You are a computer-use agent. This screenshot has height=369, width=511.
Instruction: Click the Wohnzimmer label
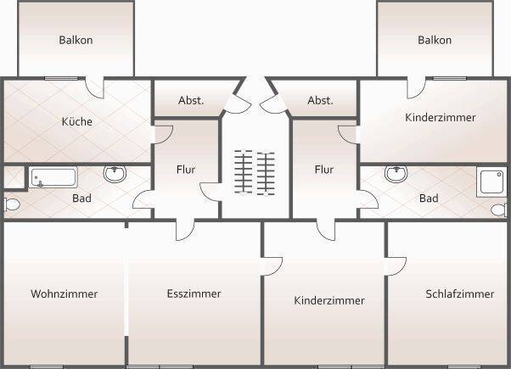click(x=65, y=294)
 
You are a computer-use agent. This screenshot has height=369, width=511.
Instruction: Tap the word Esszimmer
click(x=194, y=294)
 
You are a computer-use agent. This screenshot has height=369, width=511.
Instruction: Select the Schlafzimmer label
click(x=459, y=294)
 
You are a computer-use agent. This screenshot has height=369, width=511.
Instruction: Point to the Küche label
click(x=76, y=121)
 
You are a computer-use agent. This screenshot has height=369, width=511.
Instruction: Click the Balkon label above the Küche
click(x=76, y=40)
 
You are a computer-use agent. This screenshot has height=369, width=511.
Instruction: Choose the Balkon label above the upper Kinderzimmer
click(x=435, y=40)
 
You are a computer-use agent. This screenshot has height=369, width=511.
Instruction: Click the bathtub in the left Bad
click(x=53, y=177)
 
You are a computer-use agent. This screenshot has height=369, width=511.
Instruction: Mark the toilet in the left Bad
click(x=11, y=204)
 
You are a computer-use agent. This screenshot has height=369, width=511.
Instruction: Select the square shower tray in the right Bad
click(x=491, y=181)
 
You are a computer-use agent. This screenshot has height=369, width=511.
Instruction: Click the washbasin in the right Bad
click(x=396, y=174)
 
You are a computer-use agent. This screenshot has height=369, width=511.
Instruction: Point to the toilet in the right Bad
click(x=500, y=209)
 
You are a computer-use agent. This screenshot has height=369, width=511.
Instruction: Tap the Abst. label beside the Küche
click(x=191, y=100)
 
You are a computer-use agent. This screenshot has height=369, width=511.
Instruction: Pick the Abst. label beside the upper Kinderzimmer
click(x=320, y=100)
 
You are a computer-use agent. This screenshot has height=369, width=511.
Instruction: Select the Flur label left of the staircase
click(x=186, y=170)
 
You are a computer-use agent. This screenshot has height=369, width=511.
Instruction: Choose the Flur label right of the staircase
click(x=324, y=170)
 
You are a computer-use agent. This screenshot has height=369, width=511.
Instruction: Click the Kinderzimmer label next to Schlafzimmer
click(x=329, y=300)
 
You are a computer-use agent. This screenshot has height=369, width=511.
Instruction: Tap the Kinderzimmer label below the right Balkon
click(x=441, y=117)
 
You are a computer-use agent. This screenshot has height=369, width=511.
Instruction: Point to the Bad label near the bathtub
click(x=81, y=198)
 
